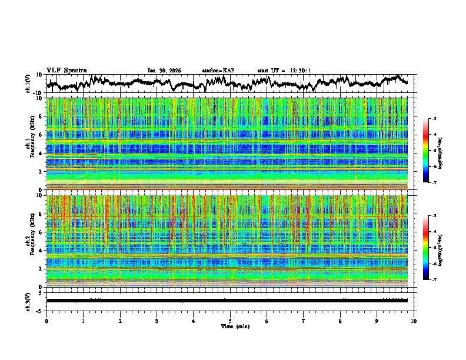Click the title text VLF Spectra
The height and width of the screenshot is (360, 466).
pos(66,70)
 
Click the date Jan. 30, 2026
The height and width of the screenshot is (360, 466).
pos(164,71)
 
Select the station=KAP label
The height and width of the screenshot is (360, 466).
pos(218,71)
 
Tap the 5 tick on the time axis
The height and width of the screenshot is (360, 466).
pos(230,321)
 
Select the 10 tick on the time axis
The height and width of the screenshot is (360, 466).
pos(414,321)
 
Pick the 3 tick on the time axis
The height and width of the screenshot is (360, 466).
pos(157,321)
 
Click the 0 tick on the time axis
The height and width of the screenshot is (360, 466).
pos(46,321)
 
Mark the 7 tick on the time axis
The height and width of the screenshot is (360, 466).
pos(304,321)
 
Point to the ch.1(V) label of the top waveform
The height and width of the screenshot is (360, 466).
pos(29,84)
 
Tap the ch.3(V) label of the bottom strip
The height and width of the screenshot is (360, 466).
pos(29,301)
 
